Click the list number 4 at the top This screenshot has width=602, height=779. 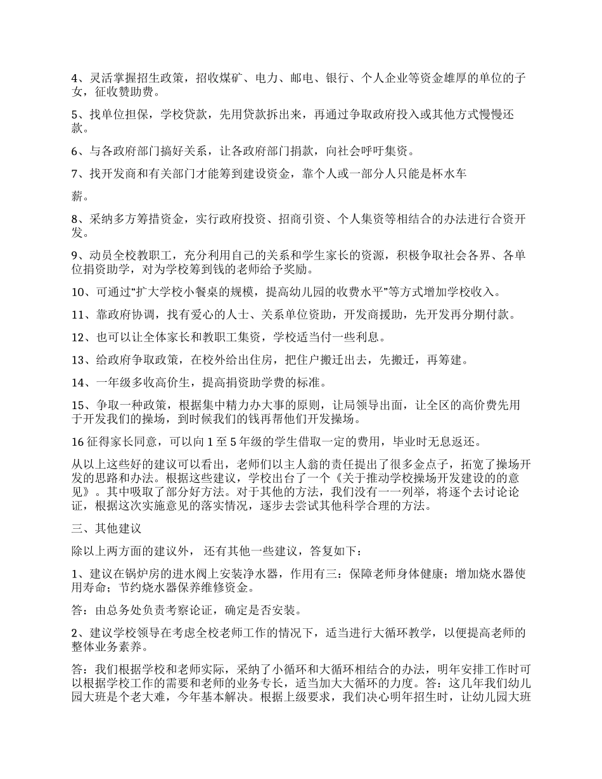pyautogui.click(x=74, y=79)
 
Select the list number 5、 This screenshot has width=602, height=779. pyautogui.click(x=77, y=115)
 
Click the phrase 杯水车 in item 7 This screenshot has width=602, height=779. pyautogui.click(x=449, y=174)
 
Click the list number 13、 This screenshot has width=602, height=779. pyautogui.click(x=80, y=360)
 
